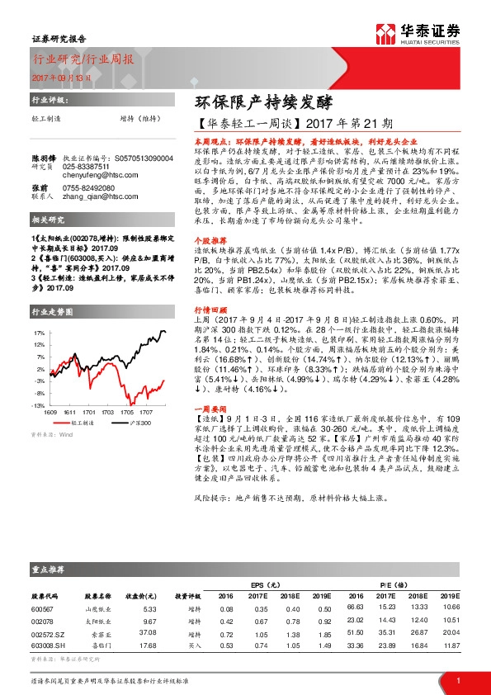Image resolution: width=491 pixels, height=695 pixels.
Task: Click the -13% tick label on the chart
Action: (37, 406)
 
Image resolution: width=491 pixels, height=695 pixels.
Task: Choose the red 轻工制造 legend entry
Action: (80, 421)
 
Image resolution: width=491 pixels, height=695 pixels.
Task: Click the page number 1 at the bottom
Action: (458, 681)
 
